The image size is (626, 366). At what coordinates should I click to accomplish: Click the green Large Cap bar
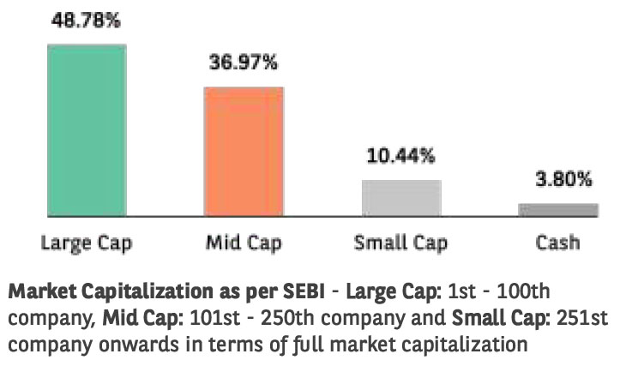point(87,129)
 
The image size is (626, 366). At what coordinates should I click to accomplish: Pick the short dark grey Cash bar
point(557,209)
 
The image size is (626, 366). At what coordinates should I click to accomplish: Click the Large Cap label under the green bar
point(86,243)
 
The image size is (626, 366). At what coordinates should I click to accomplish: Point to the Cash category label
point(557,243)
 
